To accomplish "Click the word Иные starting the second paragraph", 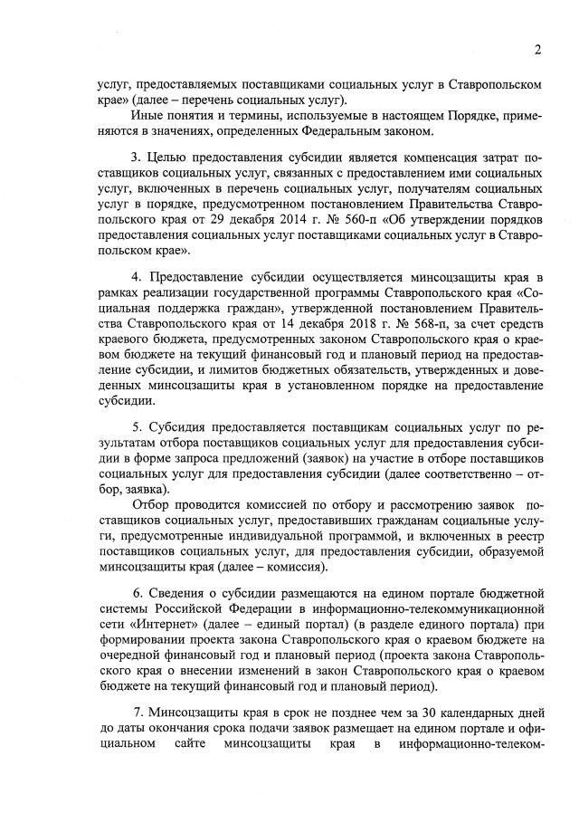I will point(147,116).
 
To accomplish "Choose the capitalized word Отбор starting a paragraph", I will point(152,504).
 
